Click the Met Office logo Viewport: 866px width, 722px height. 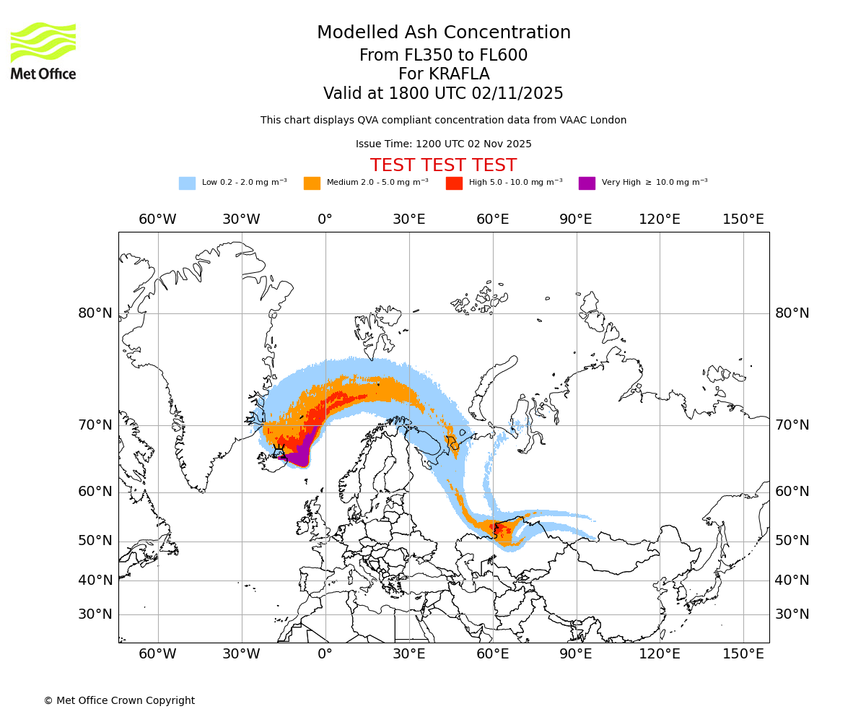pyautogui.click(x=43, y=51)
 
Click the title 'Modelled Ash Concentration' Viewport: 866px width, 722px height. pyautogui.click(x=443, y=33)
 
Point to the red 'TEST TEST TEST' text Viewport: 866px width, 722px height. pyautogui.click(x=443, y=165)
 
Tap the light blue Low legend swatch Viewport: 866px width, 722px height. pyautogui.click(x=187, y=183)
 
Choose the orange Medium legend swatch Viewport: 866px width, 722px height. pyautogui.click(x=312, y=183)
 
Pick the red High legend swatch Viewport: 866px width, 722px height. pyautogui.click(x=454, y=183)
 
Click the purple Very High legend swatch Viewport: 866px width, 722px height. pyautogui.click(x=587, y=183)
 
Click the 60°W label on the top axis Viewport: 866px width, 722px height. pyautogui.click(x=157, y=219)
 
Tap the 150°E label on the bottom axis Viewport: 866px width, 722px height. pyautogui.click(x=743, y=654)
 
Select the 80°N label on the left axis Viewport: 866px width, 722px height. pyautogui.click(x=95, y=313)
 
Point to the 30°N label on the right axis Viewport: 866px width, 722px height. pyautogui.click(x=792, y=614)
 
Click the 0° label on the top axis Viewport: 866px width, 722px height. pyautogui.click(x=325, y=219)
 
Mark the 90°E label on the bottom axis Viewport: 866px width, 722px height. pyautogui.click(x=576, y=654)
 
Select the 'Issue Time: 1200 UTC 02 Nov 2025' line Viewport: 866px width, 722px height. pyautogui.click(x=443, y=144)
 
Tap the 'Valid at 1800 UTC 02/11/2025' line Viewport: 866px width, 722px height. pyautogui.click(x=443, y=94)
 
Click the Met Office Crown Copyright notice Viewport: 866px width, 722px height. pyautogui.click(x=119, y=700)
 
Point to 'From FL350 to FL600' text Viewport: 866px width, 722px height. pyautogui.click(x=443, y=56)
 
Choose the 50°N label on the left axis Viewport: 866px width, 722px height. pyautogui.click(x=95, y=541)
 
